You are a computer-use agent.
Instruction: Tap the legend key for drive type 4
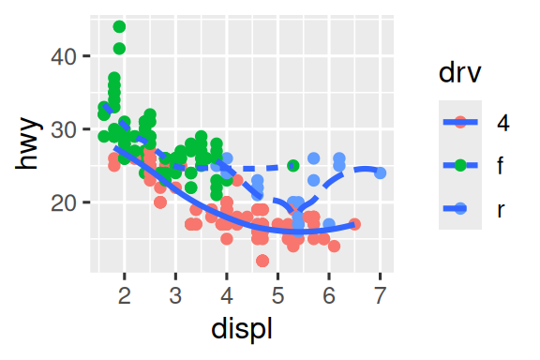pos(460,122)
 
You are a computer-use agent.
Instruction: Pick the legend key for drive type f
pos(460,166)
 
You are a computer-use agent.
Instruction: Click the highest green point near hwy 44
pos(119,27)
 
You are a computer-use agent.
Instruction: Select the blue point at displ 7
pos(380,173)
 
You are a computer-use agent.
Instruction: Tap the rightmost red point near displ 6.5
pos(354,224)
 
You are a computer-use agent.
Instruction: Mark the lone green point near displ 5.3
pos(292,166)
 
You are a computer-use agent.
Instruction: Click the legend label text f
pos(502,166)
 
